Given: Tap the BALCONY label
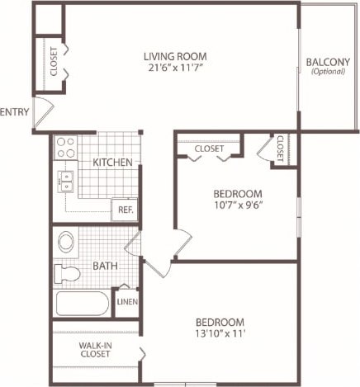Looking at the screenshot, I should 328,62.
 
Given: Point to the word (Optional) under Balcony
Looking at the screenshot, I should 328,73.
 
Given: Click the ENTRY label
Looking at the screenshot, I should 14,112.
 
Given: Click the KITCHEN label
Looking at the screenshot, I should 112,163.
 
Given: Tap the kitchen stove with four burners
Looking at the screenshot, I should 65,148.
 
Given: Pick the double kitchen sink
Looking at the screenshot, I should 65,181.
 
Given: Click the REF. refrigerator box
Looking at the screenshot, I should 126,210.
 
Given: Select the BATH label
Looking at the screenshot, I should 105,266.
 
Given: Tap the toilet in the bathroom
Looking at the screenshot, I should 65,273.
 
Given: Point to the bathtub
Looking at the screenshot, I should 82,304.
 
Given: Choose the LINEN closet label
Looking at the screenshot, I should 126,303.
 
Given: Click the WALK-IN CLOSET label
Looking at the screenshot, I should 96,351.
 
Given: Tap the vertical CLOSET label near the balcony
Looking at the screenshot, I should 281,149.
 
